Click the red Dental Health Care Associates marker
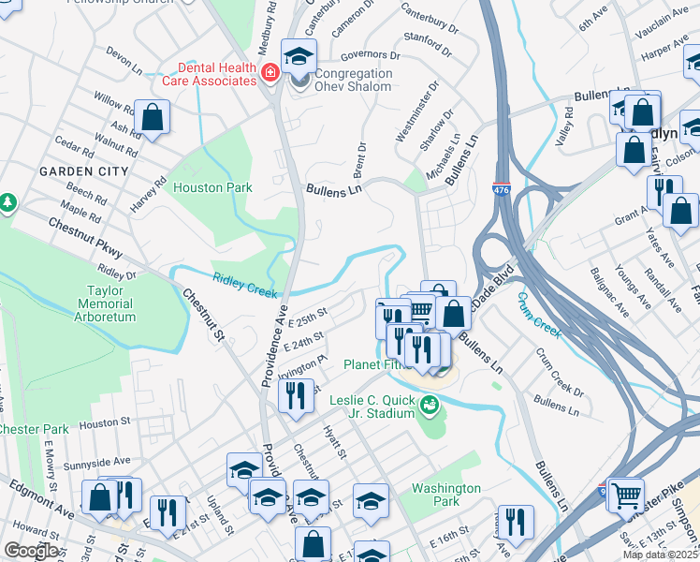pos(270,73)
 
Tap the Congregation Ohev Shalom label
pos(353,81)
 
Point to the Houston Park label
pos(212,187)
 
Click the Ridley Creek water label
pos(245,284)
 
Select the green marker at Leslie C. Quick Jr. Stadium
pos(430,406)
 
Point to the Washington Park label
pos(446,495)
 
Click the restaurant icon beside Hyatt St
pos(297,394)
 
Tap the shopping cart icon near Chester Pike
pos(626,494)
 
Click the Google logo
pos(31,551)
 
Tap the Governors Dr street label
pos(371,55)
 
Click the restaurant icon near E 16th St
pos(516,522)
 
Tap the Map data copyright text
pos(660,555)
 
